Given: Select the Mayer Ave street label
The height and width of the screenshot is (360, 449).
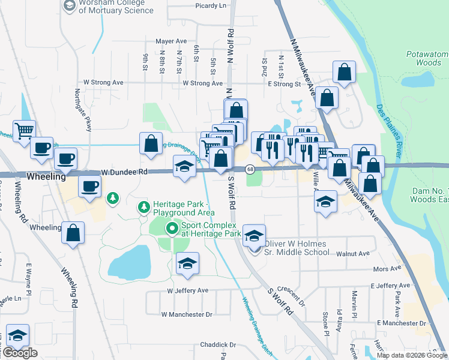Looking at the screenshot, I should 171,41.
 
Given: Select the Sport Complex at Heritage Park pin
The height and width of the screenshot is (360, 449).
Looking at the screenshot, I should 173,228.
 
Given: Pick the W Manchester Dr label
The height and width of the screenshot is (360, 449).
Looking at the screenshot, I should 187,314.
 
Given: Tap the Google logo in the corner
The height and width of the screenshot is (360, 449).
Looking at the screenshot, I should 20,353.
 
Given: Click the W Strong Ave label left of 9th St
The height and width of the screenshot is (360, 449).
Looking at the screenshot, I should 103,82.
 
